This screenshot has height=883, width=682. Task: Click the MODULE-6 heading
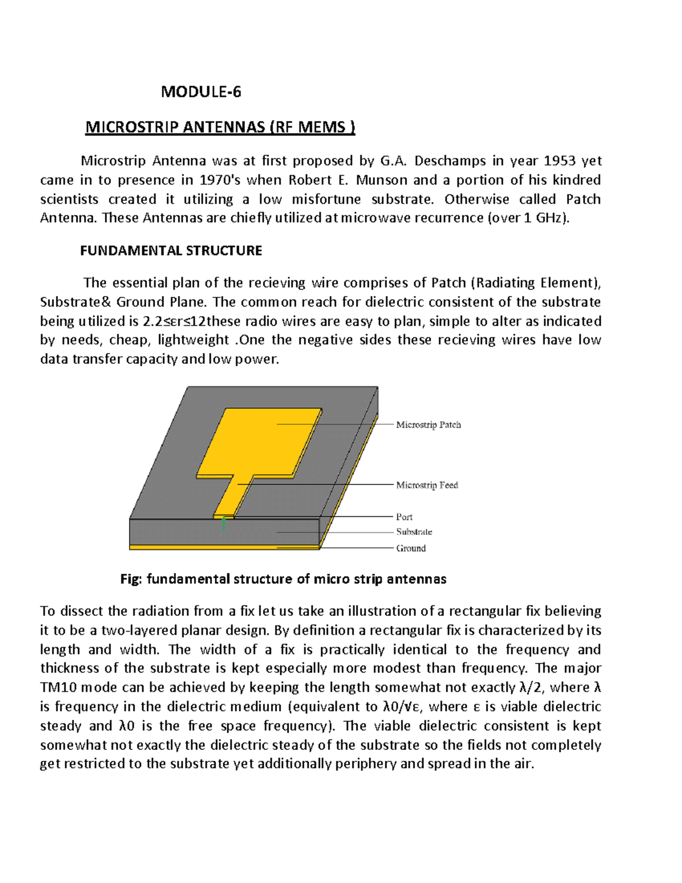click(201, 92)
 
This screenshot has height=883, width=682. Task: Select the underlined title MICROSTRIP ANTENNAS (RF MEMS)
click(220, 127)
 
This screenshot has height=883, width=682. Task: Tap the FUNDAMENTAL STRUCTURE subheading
click(170, 251)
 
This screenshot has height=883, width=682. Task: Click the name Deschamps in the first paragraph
click(450, 161)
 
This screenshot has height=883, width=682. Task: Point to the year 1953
click(560, 161)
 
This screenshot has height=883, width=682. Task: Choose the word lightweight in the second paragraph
click(193, 340)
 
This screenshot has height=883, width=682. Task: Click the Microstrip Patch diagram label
click(428, 425)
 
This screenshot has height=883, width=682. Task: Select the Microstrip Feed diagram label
click(427, 485)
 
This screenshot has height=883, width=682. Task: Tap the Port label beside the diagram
click(404, 517)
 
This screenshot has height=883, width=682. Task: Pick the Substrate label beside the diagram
click(414, 532)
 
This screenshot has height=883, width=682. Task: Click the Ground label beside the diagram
click(410, 548)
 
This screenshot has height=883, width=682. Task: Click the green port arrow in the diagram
click(224, 524)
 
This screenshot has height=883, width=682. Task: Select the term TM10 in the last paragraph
click(59, 687)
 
